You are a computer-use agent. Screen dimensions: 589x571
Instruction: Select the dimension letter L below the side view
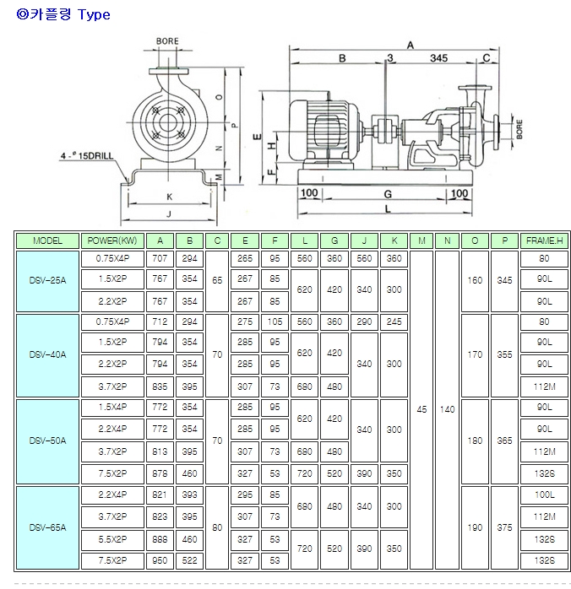pos(387,208)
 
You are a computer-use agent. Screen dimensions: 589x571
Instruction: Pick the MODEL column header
pos(48,241)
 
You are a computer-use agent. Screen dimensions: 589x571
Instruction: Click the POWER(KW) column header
pos(111,241)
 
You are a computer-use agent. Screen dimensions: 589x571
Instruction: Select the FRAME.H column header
pos(543,241)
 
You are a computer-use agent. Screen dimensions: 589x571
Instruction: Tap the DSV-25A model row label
pos(48,280)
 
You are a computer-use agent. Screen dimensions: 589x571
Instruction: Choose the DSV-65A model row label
pos(48,527)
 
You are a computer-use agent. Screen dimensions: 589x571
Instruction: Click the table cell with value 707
pos(160,259)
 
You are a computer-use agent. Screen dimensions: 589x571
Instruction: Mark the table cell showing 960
pos(160,559)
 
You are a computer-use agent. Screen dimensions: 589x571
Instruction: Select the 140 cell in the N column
pos(448,409)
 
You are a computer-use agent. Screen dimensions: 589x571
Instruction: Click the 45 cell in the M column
pos(422,409)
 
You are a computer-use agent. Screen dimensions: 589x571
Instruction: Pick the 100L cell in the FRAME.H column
pos(543,494)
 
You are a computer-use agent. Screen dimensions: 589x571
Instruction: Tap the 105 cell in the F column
pos(275,322)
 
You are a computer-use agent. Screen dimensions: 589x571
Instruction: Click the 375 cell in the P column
pos(504,527)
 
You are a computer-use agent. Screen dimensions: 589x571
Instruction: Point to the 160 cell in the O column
pos(476,280)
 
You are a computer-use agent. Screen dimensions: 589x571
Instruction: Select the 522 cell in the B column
pos(189,559)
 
